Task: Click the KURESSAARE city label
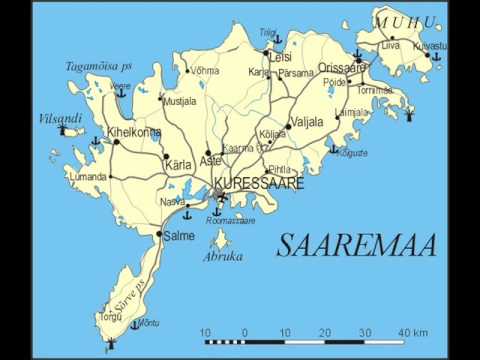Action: [x=259, y=184]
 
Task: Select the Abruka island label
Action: [x=223, y=256]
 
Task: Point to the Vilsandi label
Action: [x=60, y=117]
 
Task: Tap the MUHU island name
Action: [x=404, y=22]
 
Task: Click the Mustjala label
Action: [x=181, y=101]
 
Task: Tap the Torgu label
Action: [x=110, y=317]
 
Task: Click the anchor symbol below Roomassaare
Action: [x=216, y=212]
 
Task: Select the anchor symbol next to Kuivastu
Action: [x=432, y=58]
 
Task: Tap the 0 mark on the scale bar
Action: [x=245, y=332]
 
